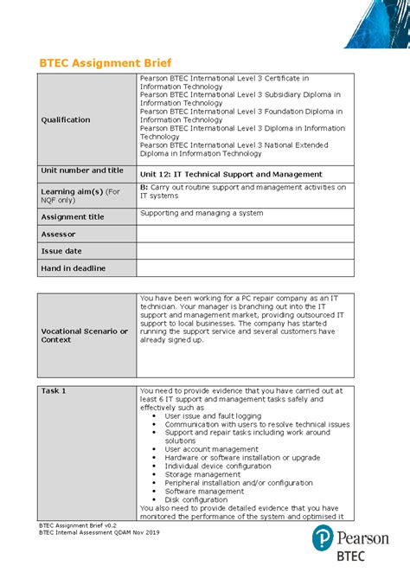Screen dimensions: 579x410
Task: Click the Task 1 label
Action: click(x=54, y=390)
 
